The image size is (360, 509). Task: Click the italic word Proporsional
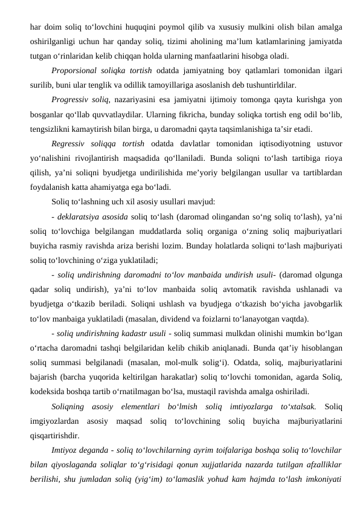[76, 70]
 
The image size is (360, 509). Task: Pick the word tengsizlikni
[50, 128]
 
